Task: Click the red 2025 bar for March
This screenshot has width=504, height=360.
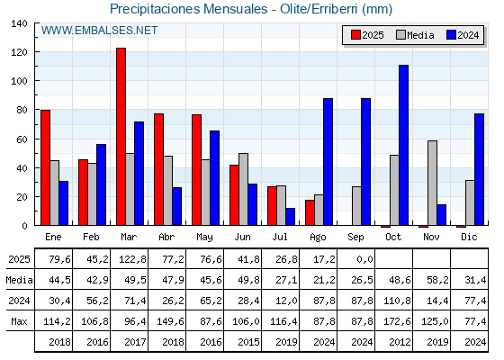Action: [121, 137]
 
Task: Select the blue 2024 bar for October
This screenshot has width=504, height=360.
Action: [404, 145]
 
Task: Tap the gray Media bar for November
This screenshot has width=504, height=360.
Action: [432, 183]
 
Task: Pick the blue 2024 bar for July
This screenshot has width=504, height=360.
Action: [290, 217]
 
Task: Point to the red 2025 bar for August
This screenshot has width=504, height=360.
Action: [310, 212]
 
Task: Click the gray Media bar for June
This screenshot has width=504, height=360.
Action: [244, 189]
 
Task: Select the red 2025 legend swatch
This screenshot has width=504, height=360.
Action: [355, 35]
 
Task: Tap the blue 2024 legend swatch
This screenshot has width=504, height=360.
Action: [451, 35]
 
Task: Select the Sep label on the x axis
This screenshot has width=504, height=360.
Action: [355, 238]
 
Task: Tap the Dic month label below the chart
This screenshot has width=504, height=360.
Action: [469, 237]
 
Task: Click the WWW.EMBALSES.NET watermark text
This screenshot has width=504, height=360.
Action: [99, 31]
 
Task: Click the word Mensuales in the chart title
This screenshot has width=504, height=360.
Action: [235, 9]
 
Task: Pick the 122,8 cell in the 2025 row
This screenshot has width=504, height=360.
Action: [132, 259]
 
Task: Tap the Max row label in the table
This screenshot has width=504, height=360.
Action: [19, 321]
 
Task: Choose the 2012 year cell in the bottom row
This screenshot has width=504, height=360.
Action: [400, 342]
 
